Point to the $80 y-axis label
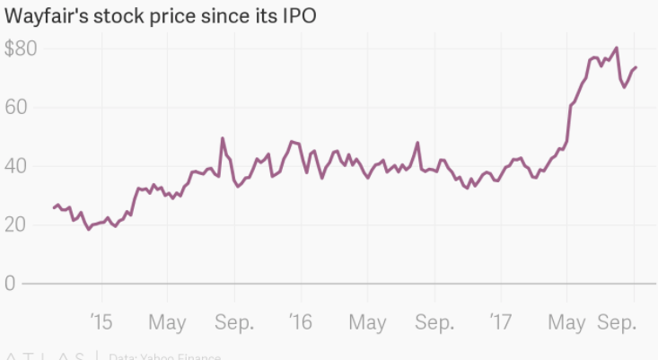coord(21,49)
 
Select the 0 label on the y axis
coord(12,284)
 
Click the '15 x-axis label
coord(101,320)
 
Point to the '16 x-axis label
coord(301,320)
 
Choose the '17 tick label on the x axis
coord(501,320)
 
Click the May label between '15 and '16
coord(167,320)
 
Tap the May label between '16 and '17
coord(367,320)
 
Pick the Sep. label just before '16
coord(234,320)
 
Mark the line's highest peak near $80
coord(616,48)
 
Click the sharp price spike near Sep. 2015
coord(223,138)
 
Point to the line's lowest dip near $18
coord(88,230)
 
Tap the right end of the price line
coord(636,67)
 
